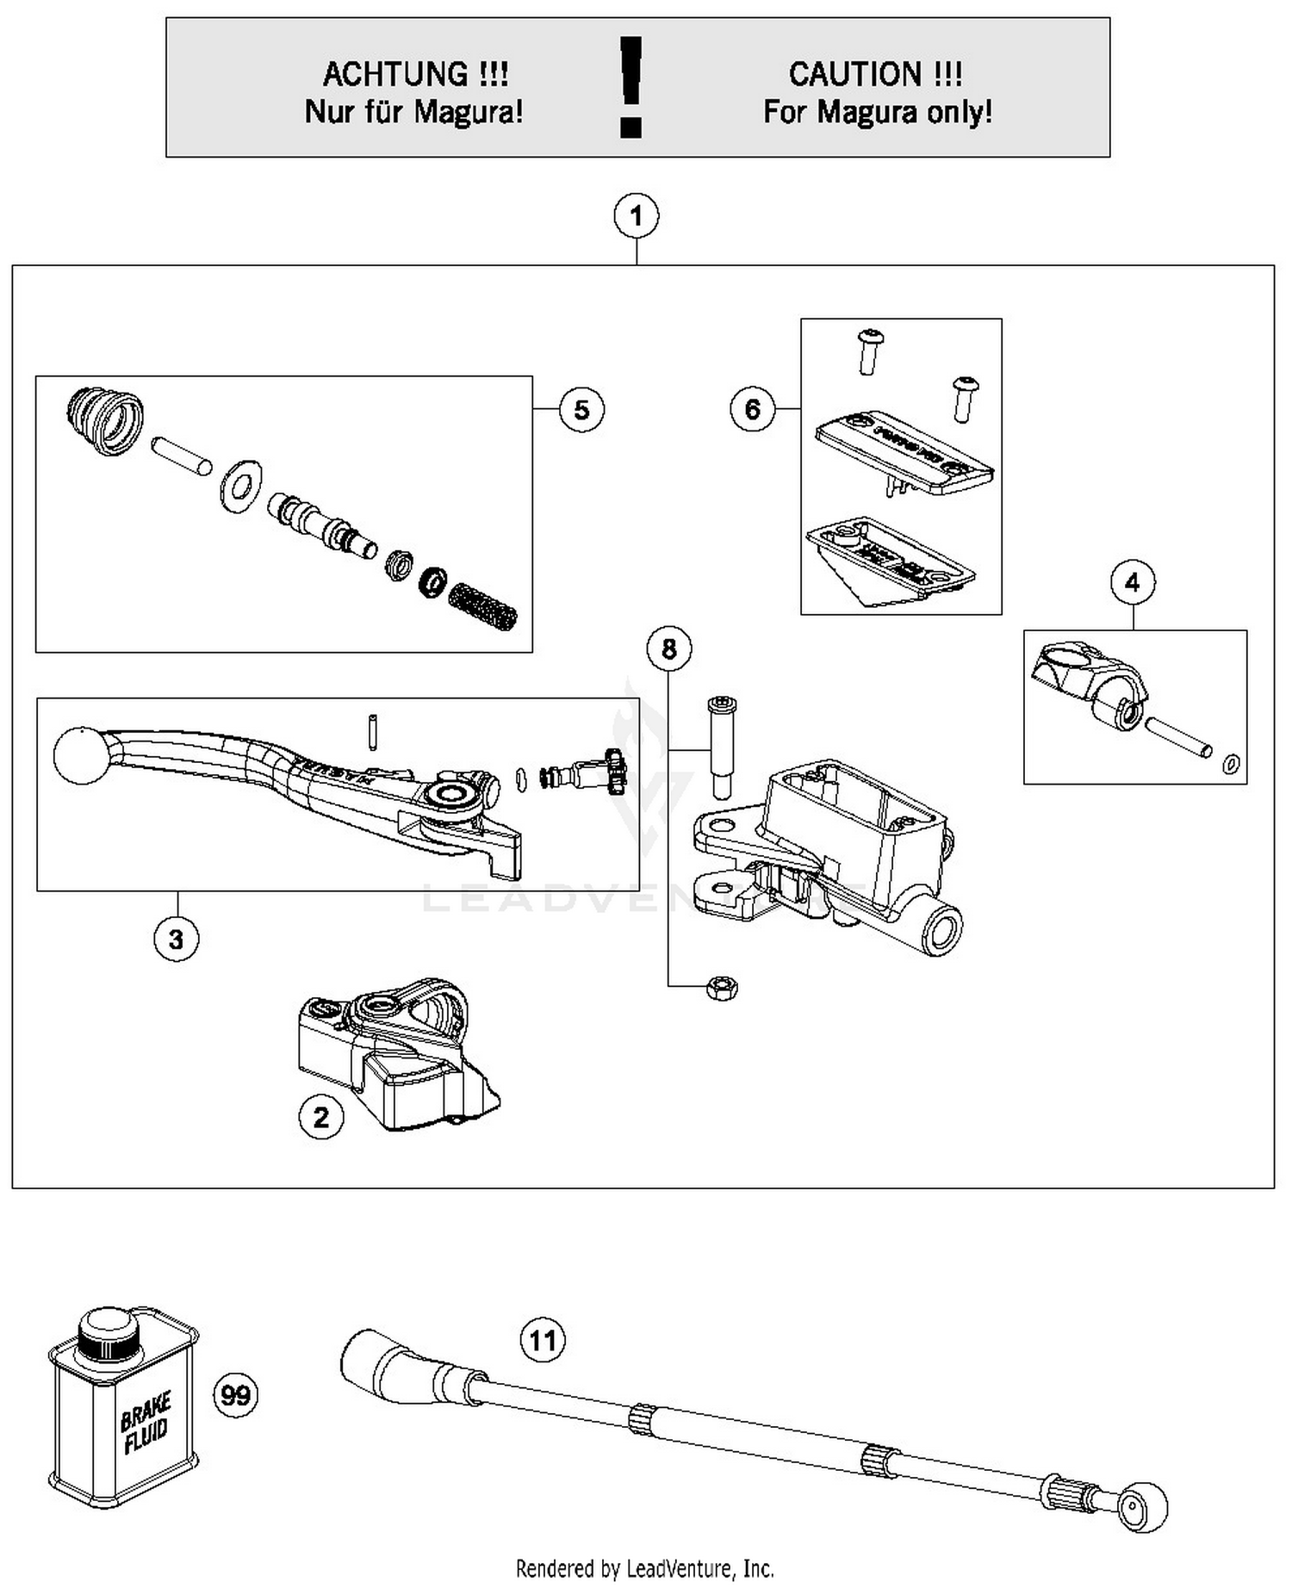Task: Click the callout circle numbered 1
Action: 636,216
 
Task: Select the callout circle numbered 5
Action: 581,409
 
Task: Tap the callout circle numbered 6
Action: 752,408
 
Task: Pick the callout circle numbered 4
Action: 1132,583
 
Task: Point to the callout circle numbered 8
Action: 669,648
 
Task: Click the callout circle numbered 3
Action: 176,938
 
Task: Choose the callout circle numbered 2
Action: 320,1118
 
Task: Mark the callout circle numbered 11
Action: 543,1341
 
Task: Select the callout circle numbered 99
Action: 235,1394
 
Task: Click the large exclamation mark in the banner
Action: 632,87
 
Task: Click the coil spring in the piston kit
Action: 484,605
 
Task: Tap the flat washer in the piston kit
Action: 240,487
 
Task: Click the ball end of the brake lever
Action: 81,756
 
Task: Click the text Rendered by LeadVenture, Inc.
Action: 644,1567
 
